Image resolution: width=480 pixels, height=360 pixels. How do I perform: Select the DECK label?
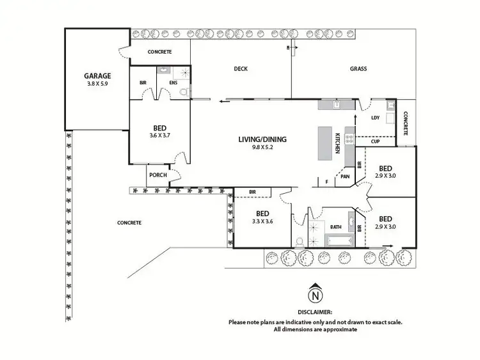[x=240, y=69]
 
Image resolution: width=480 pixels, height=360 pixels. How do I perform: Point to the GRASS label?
[x=358, y=69]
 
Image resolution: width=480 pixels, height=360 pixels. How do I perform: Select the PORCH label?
[x=157, y=175]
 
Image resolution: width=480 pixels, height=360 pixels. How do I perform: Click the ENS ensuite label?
[x=173, y=82]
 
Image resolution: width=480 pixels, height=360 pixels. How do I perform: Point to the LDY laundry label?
[x=375, y=118]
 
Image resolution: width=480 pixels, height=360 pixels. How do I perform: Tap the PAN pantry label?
[x=344, y=176]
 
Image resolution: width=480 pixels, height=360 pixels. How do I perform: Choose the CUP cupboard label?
[x=375, y=141]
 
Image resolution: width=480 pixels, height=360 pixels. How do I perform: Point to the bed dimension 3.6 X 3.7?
[x=160, y=136]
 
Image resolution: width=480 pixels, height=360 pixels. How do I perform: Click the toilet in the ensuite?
[x=184, y=93]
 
